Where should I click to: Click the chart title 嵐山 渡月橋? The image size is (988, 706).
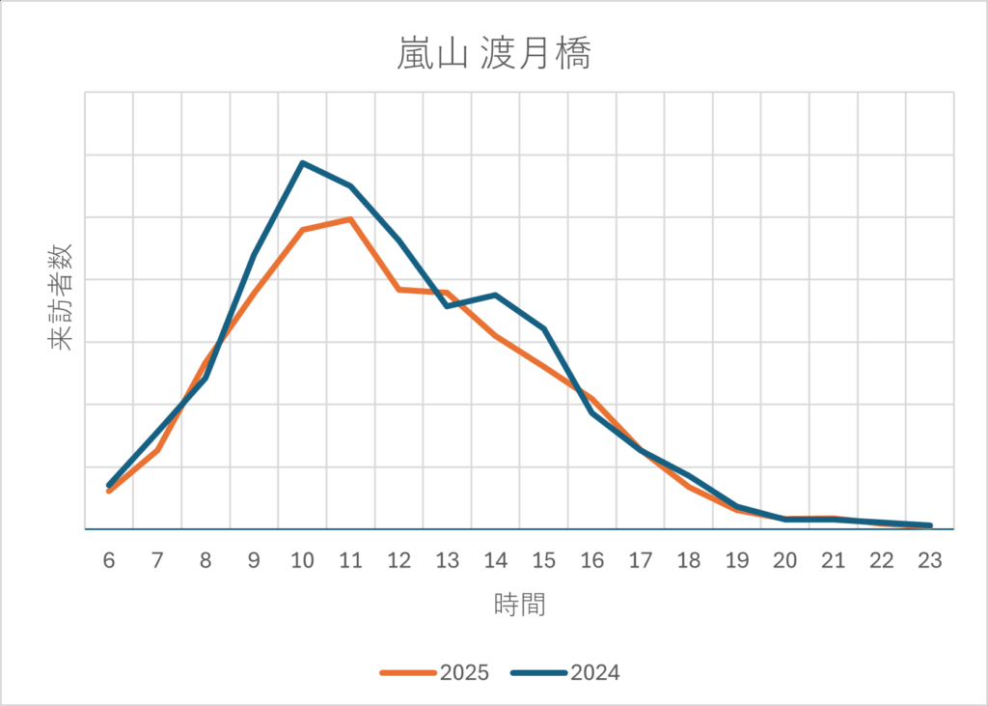coord(493,54)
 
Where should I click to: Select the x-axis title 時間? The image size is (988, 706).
coord(519,606)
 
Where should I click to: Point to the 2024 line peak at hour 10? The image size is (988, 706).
coord(303,163)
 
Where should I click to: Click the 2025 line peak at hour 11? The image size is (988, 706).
coord(351,219)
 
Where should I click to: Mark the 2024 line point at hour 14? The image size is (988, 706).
coord(495,295)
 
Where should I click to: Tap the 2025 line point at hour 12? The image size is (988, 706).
coord(399,289)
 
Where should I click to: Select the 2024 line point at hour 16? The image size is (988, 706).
coord(591,412)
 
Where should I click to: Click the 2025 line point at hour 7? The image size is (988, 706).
coord(157,450)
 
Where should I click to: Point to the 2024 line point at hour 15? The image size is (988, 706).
coord(543,328)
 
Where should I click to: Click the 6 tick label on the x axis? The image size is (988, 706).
coord(109,561)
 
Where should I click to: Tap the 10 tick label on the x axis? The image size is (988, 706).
coord(303,561)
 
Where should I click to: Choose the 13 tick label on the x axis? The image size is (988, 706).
coord(447,561)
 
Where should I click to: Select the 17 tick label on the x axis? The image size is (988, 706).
coord(640,561)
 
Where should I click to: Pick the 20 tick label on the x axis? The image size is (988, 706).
coord(784,561)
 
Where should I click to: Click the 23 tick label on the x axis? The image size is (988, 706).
coord(929,561)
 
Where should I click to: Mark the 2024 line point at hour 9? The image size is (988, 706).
coord(255,255)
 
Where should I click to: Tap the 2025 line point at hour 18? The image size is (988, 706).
coord(688,486)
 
